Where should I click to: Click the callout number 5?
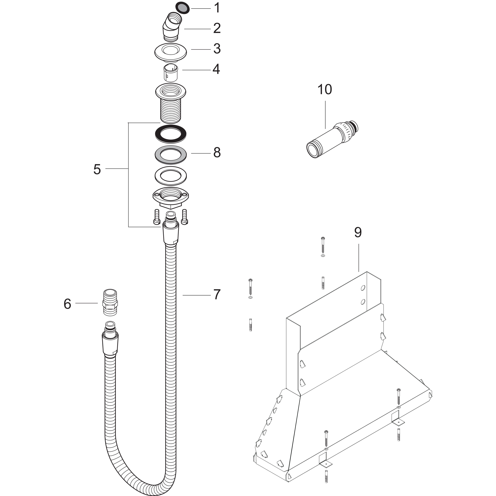pyautogui.click(x=97, y=169)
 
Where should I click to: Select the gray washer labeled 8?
pyautogui.click(x=171, y=155)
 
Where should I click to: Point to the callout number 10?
pyautogui.click(x=325, y=89)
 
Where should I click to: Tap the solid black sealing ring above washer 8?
pyautogui.click(x=171, y=134)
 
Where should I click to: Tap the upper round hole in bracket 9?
pyautogui.click(x=363, y=288)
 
